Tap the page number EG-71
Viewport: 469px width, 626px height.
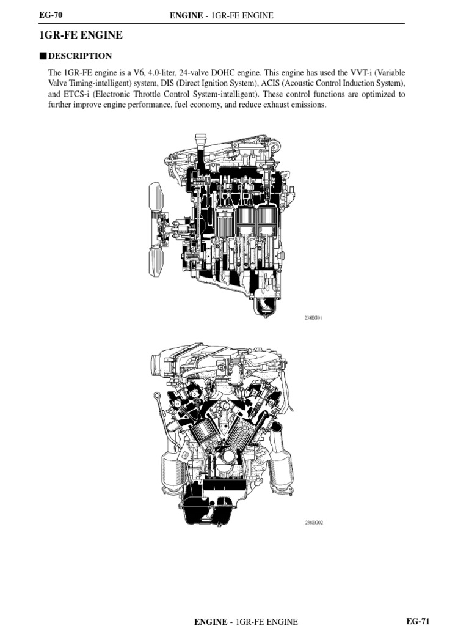[x=418, y=620]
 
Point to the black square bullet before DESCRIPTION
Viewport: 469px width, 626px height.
[x=42, y=56]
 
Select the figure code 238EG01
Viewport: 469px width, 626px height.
[x=313, y=319]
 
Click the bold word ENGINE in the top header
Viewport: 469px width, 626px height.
[x=186, y=15]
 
